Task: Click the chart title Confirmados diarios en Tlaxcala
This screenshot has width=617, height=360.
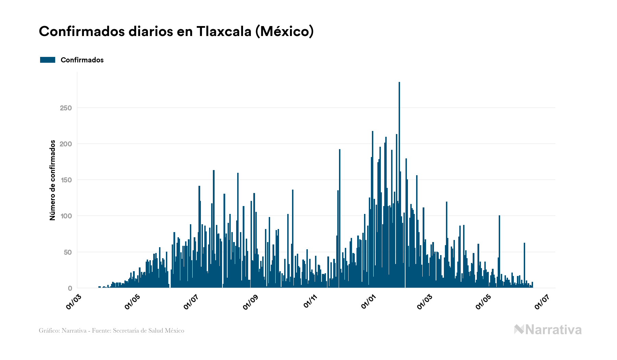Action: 176,32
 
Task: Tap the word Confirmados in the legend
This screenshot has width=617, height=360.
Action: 82,60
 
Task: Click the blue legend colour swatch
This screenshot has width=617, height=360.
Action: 48,60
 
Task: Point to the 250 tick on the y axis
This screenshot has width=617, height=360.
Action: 66,108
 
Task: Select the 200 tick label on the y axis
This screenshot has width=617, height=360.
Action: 66,144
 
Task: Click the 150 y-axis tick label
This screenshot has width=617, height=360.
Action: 66,180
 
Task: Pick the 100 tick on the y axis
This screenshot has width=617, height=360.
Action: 66,216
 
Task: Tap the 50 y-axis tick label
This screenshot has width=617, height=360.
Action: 68,252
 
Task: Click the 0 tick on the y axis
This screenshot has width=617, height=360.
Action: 70,288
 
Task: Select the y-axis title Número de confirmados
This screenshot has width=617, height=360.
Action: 52,180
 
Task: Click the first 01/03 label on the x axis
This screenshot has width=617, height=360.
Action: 74,302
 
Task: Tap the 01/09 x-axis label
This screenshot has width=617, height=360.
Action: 250,302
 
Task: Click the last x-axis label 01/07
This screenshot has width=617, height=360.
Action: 542,302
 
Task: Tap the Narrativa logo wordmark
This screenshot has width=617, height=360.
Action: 548,330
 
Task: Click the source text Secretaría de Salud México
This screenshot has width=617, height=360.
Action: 148,331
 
